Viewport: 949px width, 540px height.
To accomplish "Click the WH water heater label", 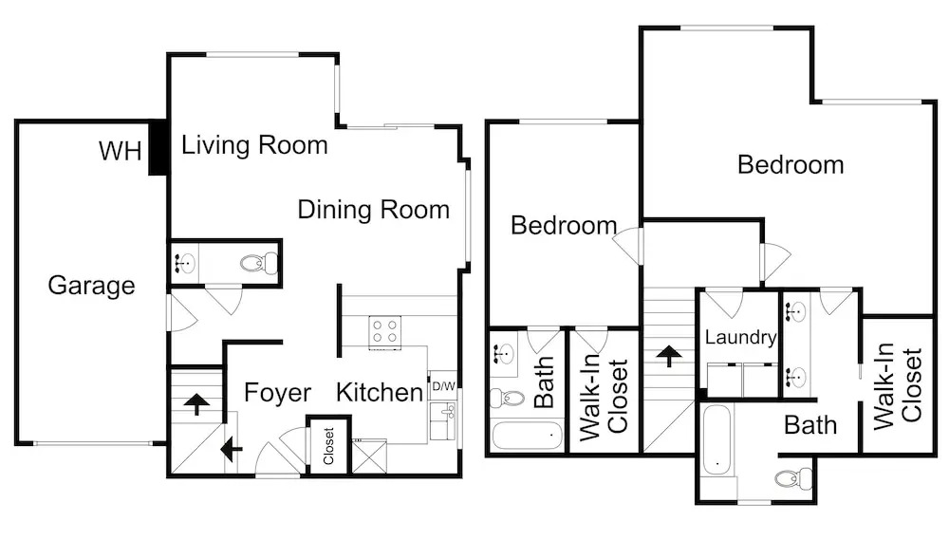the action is (x=121, y=151).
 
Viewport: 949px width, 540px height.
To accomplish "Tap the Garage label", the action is (x=91, y=285).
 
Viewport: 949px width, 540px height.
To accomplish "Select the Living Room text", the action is (x=254, y=145).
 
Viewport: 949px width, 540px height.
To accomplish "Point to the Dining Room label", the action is (x=373, y=210).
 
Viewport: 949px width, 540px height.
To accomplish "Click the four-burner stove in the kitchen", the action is (x=385, y=332).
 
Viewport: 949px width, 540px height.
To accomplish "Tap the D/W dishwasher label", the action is (x=443, y=386).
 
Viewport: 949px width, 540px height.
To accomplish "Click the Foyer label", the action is (x=277, y=393).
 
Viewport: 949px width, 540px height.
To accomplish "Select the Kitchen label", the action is (x=380, y=393).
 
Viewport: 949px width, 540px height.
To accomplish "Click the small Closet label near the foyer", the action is (x=328, y=446).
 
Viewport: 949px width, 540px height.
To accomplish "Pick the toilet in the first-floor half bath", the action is (x=259, y=263).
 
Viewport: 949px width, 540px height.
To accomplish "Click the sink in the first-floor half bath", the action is (x=185, y=263).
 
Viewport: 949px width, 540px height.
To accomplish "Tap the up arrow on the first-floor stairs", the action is (x=196, y=403).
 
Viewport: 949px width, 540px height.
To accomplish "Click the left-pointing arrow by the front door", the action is (x=232, y=449).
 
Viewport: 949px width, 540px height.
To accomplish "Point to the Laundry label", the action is (x=741, y=337).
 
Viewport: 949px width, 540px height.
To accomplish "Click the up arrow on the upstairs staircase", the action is (x=668, y=356).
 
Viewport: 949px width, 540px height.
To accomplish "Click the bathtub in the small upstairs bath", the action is (x=527, y=436).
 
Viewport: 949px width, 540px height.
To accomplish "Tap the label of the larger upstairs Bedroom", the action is (x=791, y=165).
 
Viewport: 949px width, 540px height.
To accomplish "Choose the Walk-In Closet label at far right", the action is (x=898, y=385).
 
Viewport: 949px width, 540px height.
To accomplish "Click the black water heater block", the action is (x=158, y=148).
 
